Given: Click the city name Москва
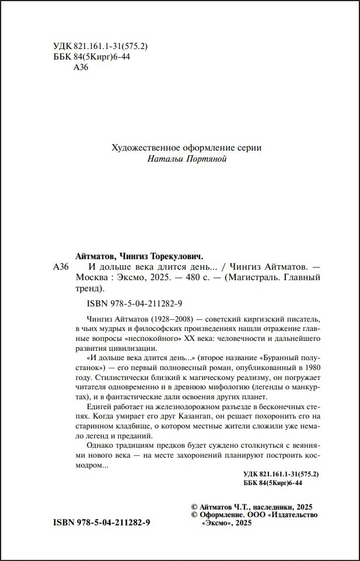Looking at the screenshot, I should (x=95, y=278).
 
